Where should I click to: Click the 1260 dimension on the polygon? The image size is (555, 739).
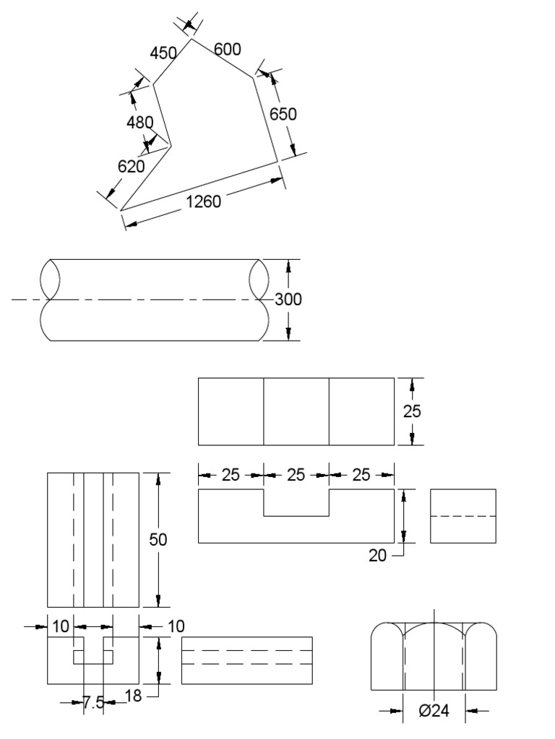203,201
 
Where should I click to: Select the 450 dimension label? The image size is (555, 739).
163,53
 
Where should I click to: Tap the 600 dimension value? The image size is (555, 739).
228,49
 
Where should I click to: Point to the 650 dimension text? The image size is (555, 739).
283,114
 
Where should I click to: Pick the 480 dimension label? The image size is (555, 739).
140,123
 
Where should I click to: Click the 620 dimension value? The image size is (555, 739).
132,166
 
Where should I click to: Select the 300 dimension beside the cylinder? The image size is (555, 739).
288,299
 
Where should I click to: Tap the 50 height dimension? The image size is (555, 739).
158,540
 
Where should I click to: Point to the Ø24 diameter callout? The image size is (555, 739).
434,711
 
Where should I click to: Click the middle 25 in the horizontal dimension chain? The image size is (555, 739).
296,475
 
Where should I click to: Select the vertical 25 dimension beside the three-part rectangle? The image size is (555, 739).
412,411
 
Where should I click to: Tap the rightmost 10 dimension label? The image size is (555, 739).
176,626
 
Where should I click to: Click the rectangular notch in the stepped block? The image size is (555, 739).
296,502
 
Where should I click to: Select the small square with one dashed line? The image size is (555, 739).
462,516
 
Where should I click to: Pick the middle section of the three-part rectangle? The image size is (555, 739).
296,411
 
